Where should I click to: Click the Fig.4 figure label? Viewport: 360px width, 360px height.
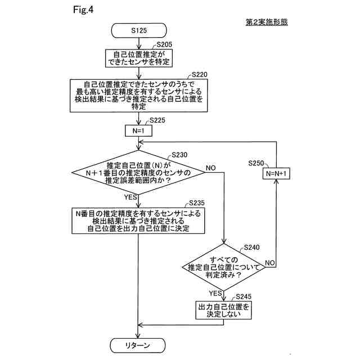83,10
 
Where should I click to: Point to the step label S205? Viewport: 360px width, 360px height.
164,44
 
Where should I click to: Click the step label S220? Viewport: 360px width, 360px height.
199,75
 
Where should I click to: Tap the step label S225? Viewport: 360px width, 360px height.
157,120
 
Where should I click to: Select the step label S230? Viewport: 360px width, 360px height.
179,155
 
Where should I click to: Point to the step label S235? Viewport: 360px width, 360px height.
196,203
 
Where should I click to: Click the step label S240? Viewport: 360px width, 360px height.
251,247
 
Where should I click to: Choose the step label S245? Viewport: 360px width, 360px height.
244,296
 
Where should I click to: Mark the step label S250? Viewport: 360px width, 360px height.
256,163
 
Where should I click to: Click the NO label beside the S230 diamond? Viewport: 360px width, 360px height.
210,168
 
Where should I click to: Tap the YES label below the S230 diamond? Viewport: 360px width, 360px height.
130,197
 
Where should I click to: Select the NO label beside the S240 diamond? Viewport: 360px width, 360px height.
270,263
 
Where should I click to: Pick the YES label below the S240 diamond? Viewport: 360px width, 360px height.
215,293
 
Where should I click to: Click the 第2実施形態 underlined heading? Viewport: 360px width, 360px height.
267,22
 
